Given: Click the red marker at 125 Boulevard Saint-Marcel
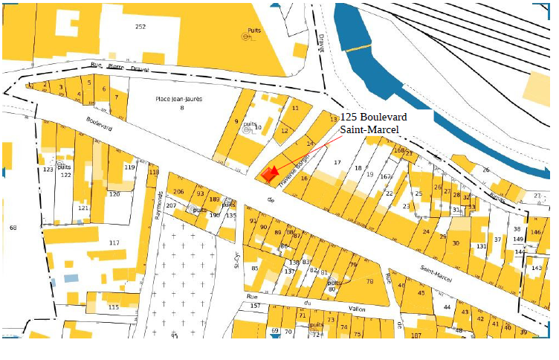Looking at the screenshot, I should click(x=269, y=174).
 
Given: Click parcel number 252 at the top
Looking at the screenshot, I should click(x=140, y=27).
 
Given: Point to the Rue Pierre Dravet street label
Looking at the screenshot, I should click(x=118, y=68).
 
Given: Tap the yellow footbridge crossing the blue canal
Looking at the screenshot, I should click(x=357, y=48).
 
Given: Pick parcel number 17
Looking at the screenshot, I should click(x=337, y=162).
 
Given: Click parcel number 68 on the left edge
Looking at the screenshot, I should click(x=13, y=227).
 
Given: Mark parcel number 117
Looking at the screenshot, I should click(x=114, y=243).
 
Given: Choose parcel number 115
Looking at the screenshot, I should click(x=113, y=307).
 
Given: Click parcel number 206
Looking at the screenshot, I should click(x=178, y=193).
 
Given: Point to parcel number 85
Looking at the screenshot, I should click(x=255, y=268).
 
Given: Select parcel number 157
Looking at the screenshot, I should click(x=255, y=306).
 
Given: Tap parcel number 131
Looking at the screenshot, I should click(x=481, y=246).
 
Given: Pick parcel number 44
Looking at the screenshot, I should click(x=447, y=306).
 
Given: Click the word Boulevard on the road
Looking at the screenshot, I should click(x=99, y=123).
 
